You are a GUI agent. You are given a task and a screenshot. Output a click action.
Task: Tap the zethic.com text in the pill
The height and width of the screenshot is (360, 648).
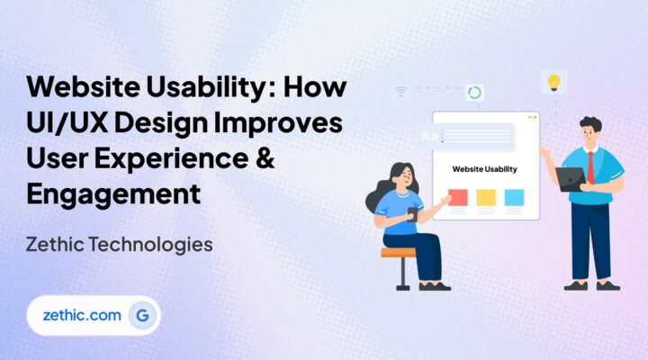(x=80, y=315)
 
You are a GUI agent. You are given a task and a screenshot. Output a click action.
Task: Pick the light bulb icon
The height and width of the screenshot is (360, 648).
(x=553, y=82)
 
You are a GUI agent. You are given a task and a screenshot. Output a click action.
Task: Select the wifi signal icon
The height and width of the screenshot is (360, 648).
(x=400, y=91)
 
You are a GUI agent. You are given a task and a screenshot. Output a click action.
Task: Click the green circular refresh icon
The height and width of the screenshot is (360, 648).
(x=474, y=93)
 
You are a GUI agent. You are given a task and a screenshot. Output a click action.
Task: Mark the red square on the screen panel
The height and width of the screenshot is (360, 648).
(x=458, y=196)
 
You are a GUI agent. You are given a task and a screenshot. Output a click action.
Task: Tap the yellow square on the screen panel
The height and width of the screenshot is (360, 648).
(x=486, y=196)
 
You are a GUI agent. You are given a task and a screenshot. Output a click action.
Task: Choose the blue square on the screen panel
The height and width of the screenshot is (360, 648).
(x=514, y=196)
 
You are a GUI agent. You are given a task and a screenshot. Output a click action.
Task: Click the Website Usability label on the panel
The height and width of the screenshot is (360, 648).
(x=485, y=168)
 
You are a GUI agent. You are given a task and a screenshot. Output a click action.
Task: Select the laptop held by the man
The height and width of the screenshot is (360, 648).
(x=571, y=178)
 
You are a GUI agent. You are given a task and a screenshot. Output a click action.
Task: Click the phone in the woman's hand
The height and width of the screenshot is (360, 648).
(x=412, y=214)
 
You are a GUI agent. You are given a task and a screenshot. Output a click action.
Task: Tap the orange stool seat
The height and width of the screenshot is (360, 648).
(x=399, y=253)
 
